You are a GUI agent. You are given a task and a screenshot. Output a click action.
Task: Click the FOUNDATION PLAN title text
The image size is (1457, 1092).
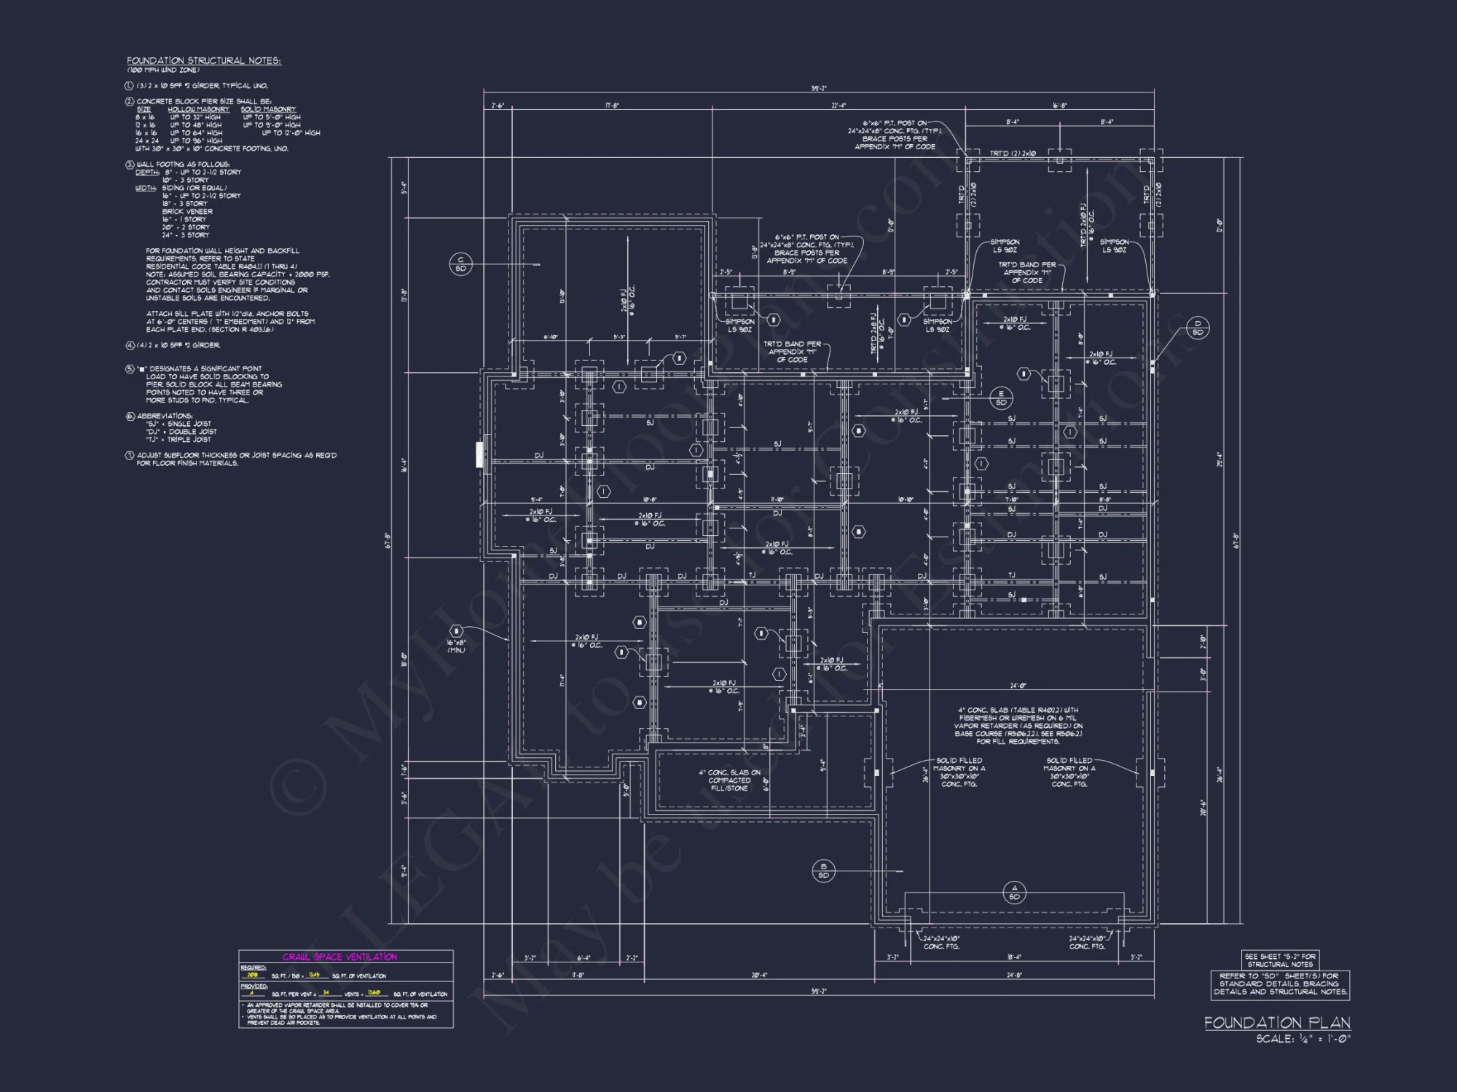1277,1023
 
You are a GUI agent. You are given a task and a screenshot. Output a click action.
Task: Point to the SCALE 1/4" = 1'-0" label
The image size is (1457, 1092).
1303,1039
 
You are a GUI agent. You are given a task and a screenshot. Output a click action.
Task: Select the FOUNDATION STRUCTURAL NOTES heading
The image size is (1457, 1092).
203,60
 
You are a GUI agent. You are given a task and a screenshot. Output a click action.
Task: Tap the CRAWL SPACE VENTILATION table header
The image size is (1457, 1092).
340,957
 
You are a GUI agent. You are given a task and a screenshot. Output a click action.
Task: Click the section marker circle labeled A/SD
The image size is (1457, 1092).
1014,893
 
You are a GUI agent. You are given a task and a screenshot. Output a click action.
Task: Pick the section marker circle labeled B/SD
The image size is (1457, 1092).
824,871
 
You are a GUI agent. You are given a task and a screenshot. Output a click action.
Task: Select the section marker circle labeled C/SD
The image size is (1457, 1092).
460,264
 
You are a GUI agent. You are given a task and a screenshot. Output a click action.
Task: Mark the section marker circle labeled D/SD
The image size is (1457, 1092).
1198,328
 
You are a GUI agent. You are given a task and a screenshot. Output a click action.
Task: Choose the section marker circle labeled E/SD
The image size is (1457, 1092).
1001,398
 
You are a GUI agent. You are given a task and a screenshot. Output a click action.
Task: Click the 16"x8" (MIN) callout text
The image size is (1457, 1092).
457,646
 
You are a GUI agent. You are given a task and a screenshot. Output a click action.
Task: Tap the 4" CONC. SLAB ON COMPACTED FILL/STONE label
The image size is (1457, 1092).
729,780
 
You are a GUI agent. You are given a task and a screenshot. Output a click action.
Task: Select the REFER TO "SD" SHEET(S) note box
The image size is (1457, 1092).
1280,984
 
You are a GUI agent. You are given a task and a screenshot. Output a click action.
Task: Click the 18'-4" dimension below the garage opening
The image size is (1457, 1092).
1014,957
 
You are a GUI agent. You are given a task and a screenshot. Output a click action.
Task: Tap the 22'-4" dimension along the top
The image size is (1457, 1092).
839,106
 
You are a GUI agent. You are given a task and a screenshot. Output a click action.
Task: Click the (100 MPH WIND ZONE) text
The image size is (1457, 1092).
163,70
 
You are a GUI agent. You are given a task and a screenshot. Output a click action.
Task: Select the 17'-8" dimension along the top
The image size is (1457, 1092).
612,106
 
